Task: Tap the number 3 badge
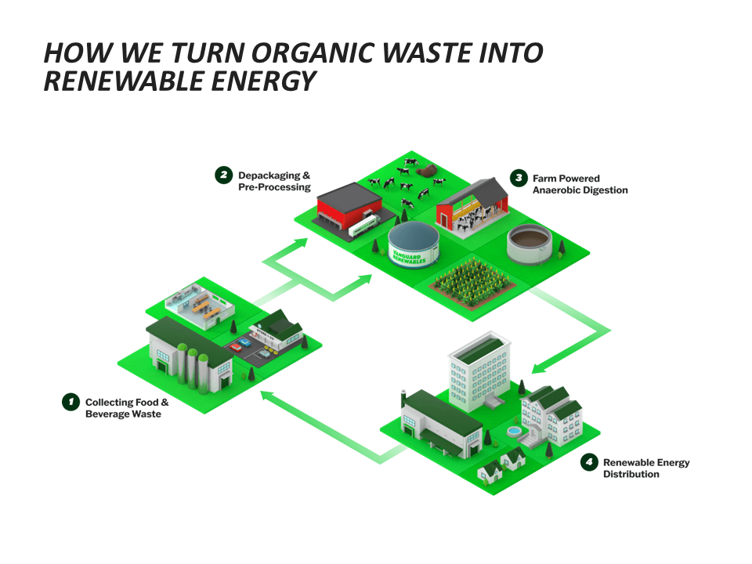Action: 519,178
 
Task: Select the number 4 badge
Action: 589,462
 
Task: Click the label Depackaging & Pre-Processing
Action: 274,182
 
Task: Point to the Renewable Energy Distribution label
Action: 645,468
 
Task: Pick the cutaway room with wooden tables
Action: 201,304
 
